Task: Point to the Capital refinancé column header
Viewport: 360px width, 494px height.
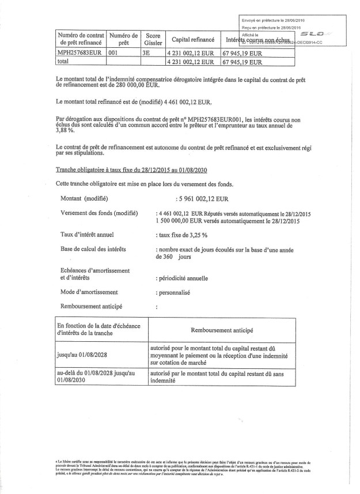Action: (193, 39)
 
